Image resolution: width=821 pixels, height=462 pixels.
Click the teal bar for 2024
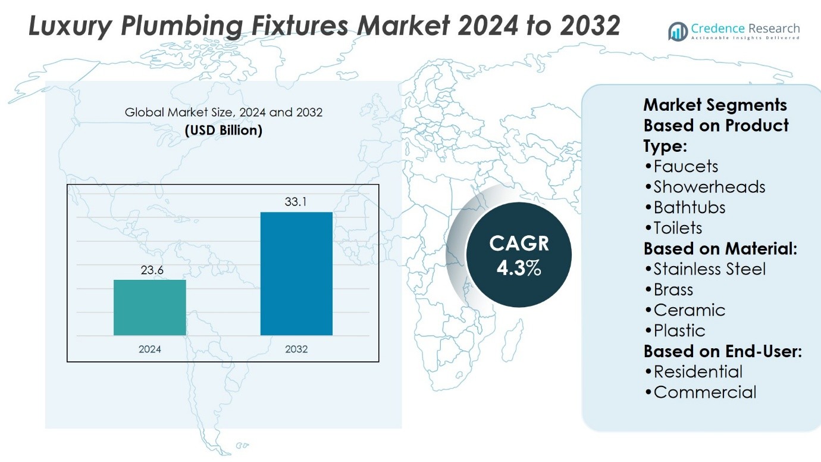[150, 307]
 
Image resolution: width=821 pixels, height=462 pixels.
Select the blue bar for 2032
[296, 273]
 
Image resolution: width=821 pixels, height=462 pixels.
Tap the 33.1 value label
[296, 202]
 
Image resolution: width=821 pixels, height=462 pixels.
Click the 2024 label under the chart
[150, 349]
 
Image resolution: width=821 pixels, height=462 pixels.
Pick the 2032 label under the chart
[296, 349]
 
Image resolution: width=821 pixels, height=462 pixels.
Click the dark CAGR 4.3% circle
[518, 255]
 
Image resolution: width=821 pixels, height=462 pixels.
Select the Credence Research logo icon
[678, 32]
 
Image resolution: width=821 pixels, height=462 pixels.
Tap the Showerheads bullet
[704, 187]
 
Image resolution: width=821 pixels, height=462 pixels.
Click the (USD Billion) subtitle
[223, 130]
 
